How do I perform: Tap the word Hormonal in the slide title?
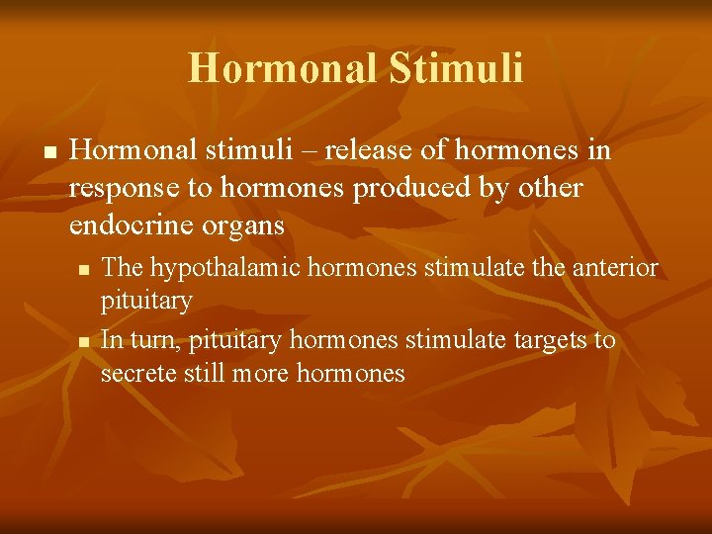pos(279,68)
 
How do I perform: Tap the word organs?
pos(247,226)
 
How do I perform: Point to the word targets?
pos(541,340)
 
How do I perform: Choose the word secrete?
pos(134,373)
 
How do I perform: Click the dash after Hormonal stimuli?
pos(310,152)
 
